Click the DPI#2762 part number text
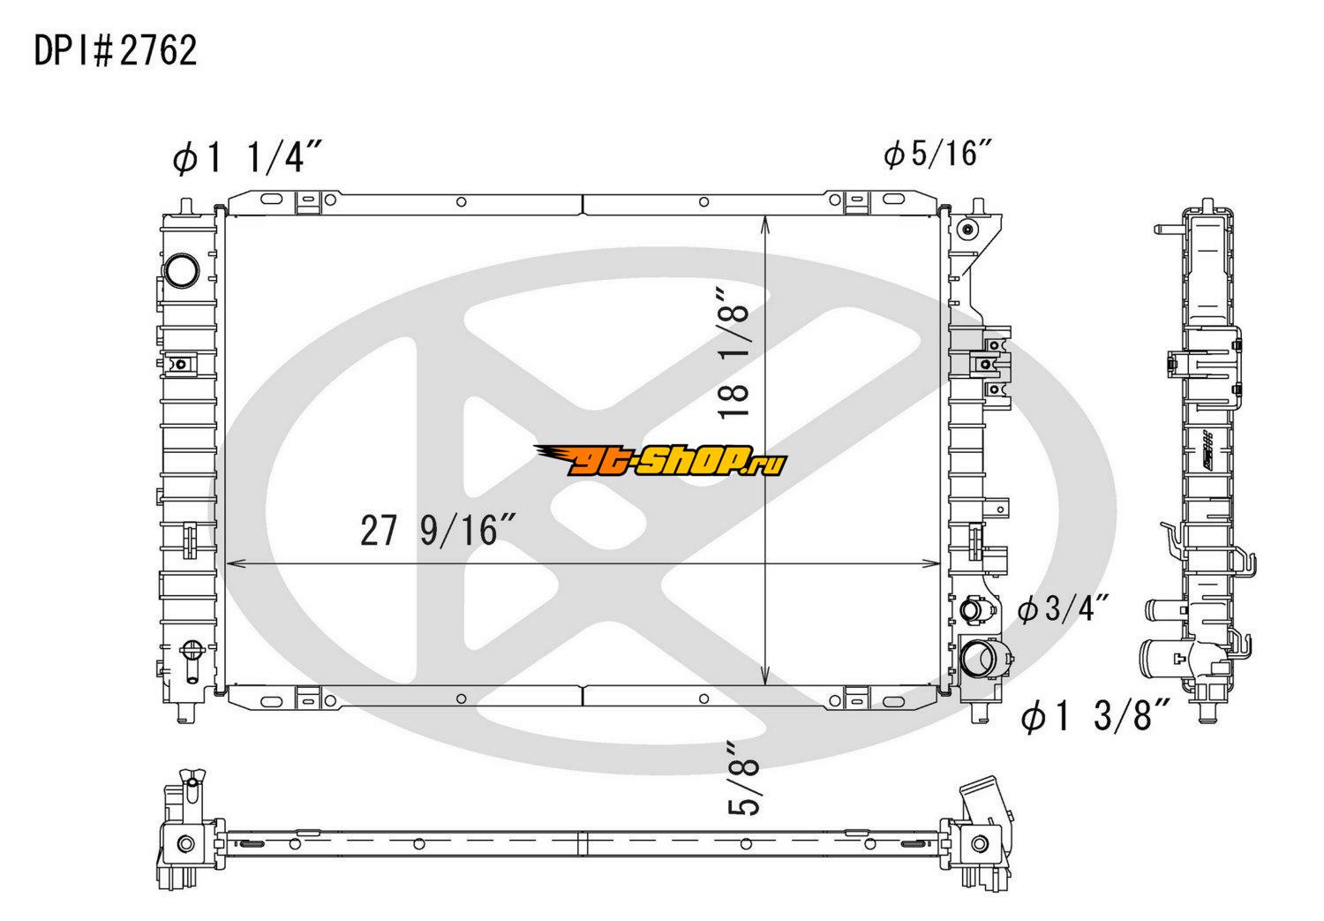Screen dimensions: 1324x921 [x=116, y=50]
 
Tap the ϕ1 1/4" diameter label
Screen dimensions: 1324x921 [x=247, y=158]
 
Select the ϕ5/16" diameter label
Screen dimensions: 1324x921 [x=937, y=153]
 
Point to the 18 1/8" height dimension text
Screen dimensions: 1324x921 [x=733, y=353]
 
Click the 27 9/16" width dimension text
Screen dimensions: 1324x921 [x=438, y=530]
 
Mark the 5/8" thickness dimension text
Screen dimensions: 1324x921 [x=743, y=779]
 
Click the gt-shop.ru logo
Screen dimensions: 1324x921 [x=660, y=461]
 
